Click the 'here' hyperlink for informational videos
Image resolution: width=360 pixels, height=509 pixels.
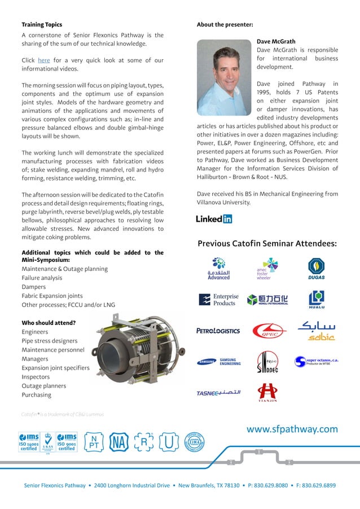coord(43,60)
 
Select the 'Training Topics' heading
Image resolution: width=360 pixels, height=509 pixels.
coord(42,25)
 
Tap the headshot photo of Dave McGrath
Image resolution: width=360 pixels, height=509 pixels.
coord(224,77)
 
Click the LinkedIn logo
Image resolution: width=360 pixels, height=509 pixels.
coord(214,219)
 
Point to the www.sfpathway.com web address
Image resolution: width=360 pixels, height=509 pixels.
coord(292,429)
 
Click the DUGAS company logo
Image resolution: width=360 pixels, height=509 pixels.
coord(316,269)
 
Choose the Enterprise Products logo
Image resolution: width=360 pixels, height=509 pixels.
coord(219,300)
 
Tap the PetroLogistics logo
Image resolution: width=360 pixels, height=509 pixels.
coord(218,331)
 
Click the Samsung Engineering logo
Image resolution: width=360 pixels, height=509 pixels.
coord(219,362)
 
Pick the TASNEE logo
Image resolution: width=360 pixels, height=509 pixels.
coord(218,393)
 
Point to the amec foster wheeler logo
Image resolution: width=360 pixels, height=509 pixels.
coord(267,269)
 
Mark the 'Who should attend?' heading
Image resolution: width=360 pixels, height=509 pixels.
coord(49,323)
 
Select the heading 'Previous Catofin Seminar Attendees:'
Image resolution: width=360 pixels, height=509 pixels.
coord(267,244)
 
